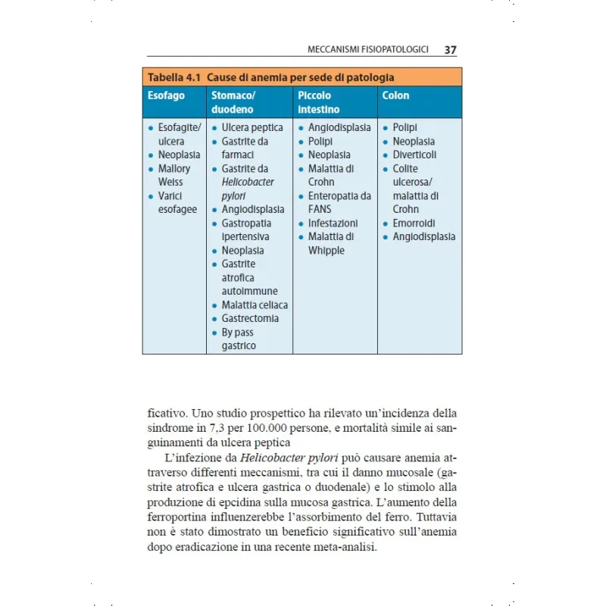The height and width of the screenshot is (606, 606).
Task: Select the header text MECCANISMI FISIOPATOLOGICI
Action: point(368,49)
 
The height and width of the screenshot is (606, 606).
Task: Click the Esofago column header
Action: point(165,95)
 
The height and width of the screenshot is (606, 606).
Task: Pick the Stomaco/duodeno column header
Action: point(233,102)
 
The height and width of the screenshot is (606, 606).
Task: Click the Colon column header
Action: point(395,95)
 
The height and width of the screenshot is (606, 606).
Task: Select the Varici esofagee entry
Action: point(176,202)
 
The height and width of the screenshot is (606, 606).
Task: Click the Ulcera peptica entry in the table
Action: point(252,127)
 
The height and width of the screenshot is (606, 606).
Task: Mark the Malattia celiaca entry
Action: point(255,305)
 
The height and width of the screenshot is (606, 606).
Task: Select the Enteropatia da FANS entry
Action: point(339,202)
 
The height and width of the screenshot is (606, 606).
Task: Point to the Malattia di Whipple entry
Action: point(330,243)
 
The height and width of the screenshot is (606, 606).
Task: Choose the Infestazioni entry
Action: point(333,223)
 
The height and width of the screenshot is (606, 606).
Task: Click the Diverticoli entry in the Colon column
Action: point(414,155)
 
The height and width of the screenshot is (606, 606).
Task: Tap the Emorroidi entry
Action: point(414,223)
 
